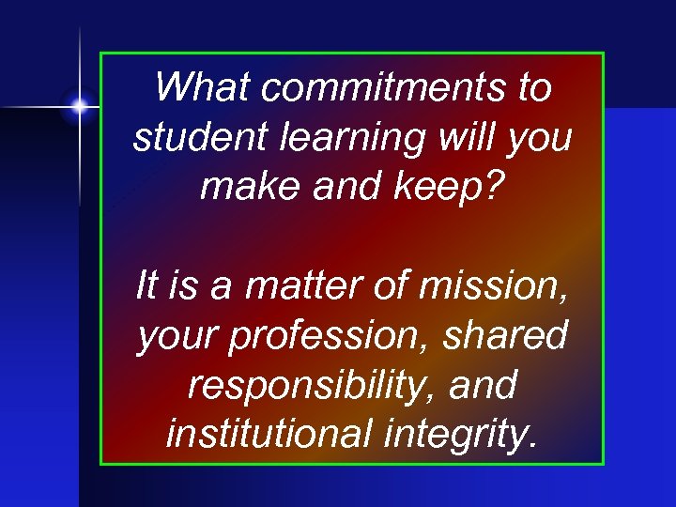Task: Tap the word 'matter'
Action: point(303,284)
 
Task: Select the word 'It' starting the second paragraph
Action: point(148,284)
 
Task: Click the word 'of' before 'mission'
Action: point(393,284)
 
